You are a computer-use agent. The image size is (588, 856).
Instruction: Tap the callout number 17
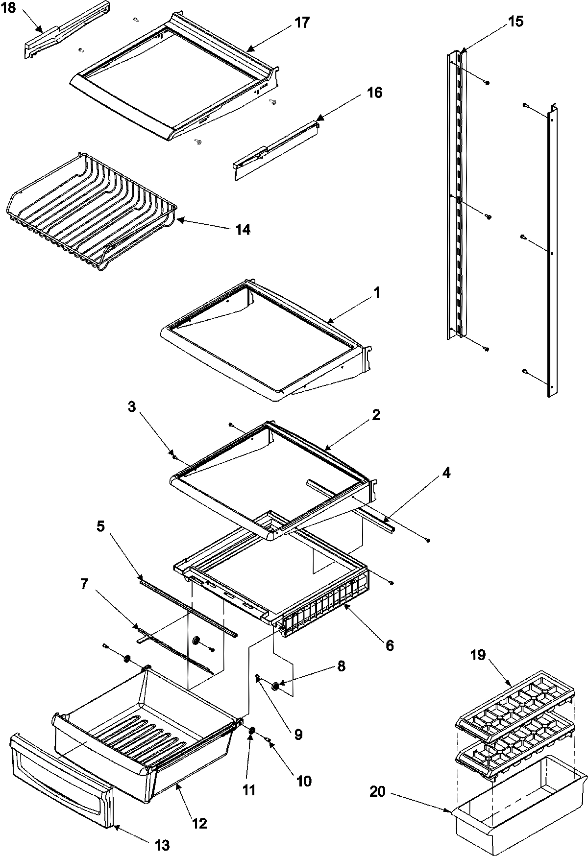302,23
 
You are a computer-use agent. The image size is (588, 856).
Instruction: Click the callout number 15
515,22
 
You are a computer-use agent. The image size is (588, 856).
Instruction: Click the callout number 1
376,293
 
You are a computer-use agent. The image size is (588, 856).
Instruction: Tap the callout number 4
445,474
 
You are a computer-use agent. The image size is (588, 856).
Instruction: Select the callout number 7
84,584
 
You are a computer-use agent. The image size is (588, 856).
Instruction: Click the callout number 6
390,645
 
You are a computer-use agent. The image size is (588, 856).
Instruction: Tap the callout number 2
376,416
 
